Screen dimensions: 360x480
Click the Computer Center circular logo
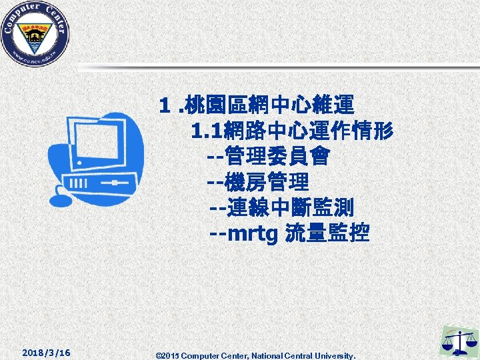pyautogui.click(x=35, y=34)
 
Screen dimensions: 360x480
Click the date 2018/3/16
pyautogui.click(x=47, y=352)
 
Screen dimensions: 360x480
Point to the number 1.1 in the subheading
pyautogui.click(x=203, y=131)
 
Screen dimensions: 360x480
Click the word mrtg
pyautogui.click(x=253, y=235)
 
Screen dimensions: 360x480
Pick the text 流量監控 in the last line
pyautogui.click(x=327, y=234)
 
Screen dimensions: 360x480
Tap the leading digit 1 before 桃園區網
pyautogui.click(x=163, y=105)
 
